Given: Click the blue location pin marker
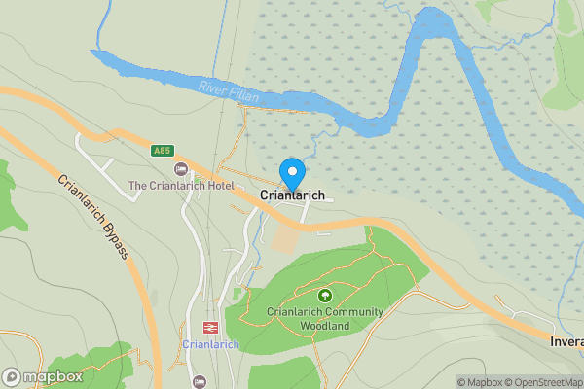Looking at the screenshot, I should [x=291, y=174].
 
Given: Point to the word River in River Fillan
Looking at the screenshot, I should [x=212, y=87].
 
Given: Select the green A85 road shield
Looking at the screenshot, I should [x=163, y=151].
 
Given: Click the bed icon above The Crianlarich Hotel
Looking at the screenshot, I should [x=180, y=170].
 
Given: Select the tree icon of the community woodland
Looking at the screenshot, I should [x=325, y=295].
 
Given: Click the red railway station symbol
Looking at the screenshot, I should [x=209, y=328].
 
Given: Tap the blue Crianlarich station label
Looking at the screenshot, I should [x=210, y=345].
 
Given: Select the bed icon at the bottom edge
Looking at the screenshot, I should [x=200, y=382].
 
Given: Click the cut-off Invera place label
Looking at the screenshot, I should [x=566, y=342].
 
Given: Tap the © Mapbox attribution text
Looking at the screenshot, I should [x=480, y=382].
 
